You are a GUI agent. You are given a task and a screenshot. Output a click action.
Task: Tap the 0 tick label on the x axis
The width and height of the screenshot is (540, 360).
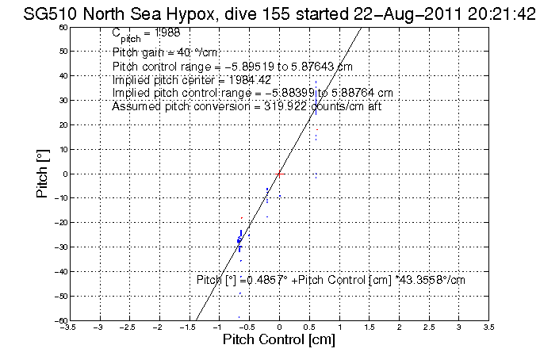[279, 326]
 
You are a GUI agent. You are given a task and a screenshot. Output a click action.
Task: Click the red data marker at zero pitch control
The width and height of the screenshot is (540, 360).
[279, 173]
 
